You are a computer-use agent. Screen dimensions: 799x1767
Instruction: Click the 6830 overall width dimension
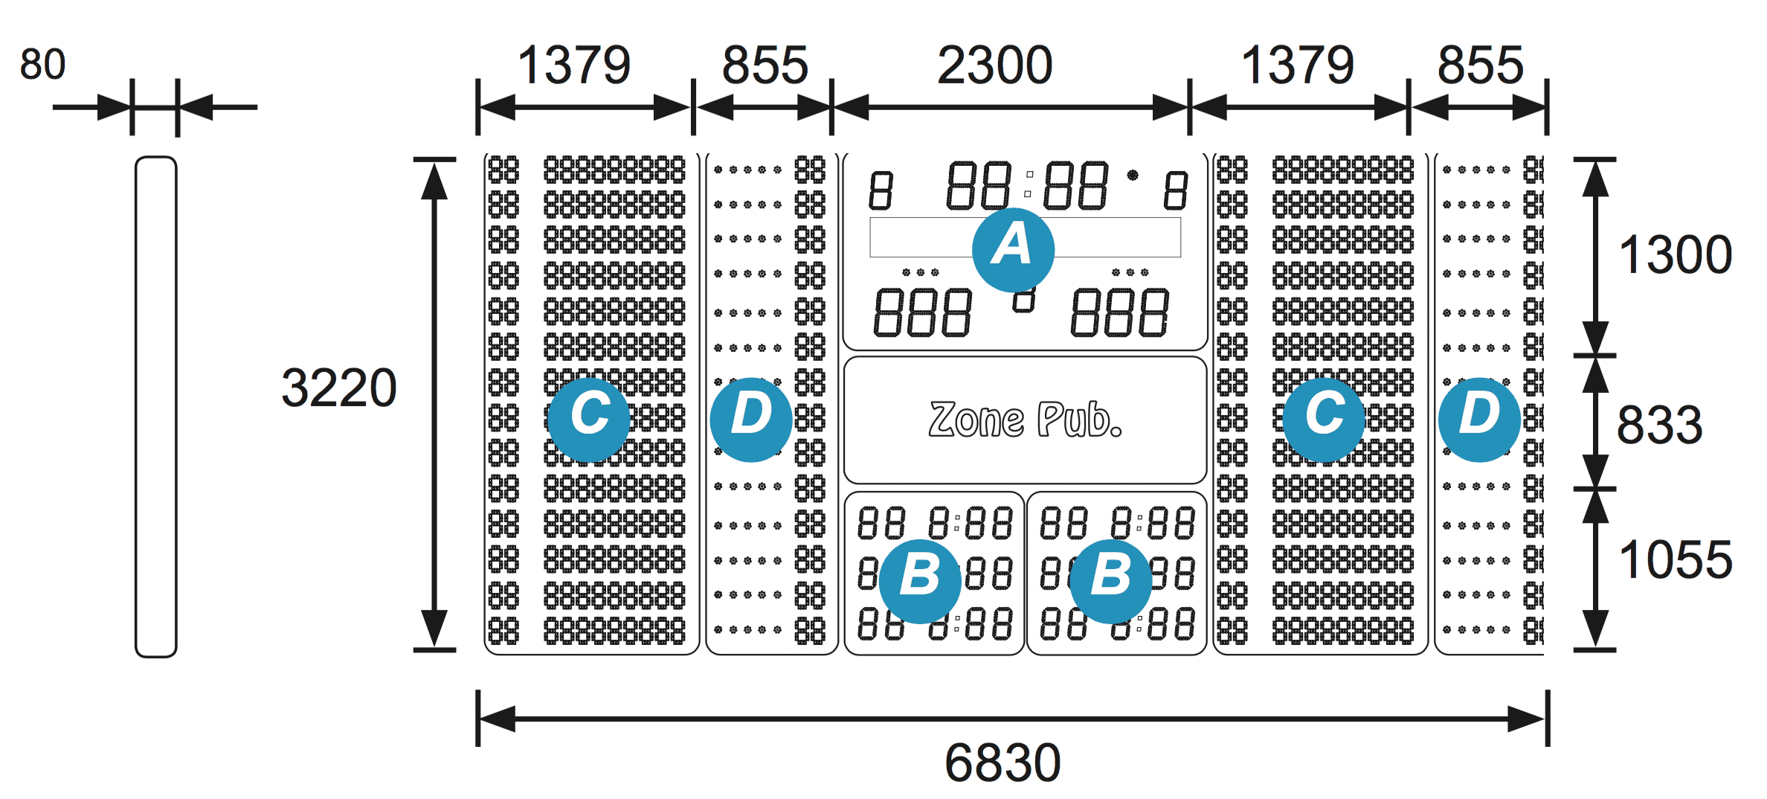[x=1002, y=763]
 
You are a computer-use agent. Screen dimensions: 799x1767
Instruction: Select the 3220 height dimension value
[x=339, y=388]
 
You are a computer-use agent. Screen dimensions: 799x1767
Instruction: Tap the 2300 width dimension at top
[x=995, y=65]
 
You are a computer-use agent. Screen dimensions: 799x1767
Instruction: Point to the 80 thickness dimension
[x=42, y=65]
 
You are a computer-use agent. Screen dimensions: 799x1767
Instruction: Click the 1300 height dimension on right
[x=1676, y=255]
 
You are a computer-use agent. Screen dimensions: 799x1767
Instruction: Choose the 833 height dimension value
[x=1660, y=426]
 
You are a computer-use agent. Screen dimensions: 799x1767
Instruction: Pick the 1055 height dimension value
[x=1676, y=559]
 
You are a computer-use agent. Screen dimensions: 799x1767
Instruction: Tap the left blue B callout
[x=920, y=580]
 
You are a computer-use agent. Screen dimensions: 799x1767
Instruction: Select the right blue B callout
[x=1110, y=580]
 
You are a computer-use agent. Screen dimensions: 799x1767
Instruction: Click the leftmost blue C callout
[x=589, y=419]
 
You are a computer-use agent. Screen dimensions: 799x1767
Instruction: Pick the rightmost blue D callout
[x=1479, y=419]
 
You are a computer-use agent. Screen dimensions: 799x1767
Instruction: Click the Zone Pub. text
[x=1026, y=420]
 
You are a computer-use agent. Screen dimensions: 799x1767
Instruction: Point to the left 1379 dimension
[x=574, y=65]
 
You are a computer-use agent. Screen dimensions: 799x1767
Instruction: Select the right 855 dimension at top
[x=1481, y=65]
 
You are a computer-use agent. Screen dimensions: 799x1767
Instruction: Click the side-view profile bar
[x=156, y=406]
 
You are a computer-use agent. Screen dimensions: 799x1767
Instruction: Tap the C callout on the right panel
[x=1324, y=419]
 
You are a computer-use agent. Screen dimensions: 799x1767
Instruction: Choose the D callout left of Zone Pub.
[x=751, y=419]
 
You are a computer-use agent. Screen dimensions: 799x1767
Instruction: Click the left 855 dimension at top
[x=765, y=65]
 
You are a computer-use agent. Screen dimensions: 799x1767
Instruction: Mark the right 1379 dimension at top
[x=1298, y=65]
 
